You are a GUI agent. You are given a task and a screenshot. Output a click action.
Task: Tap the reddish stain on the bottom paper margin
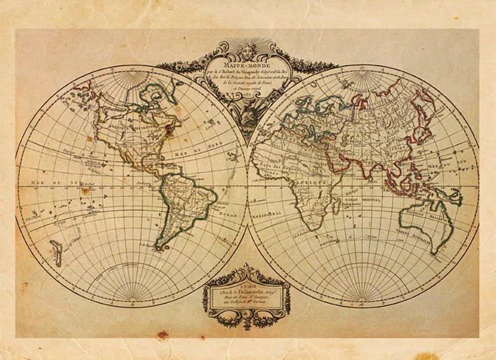tap(162, 334)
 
